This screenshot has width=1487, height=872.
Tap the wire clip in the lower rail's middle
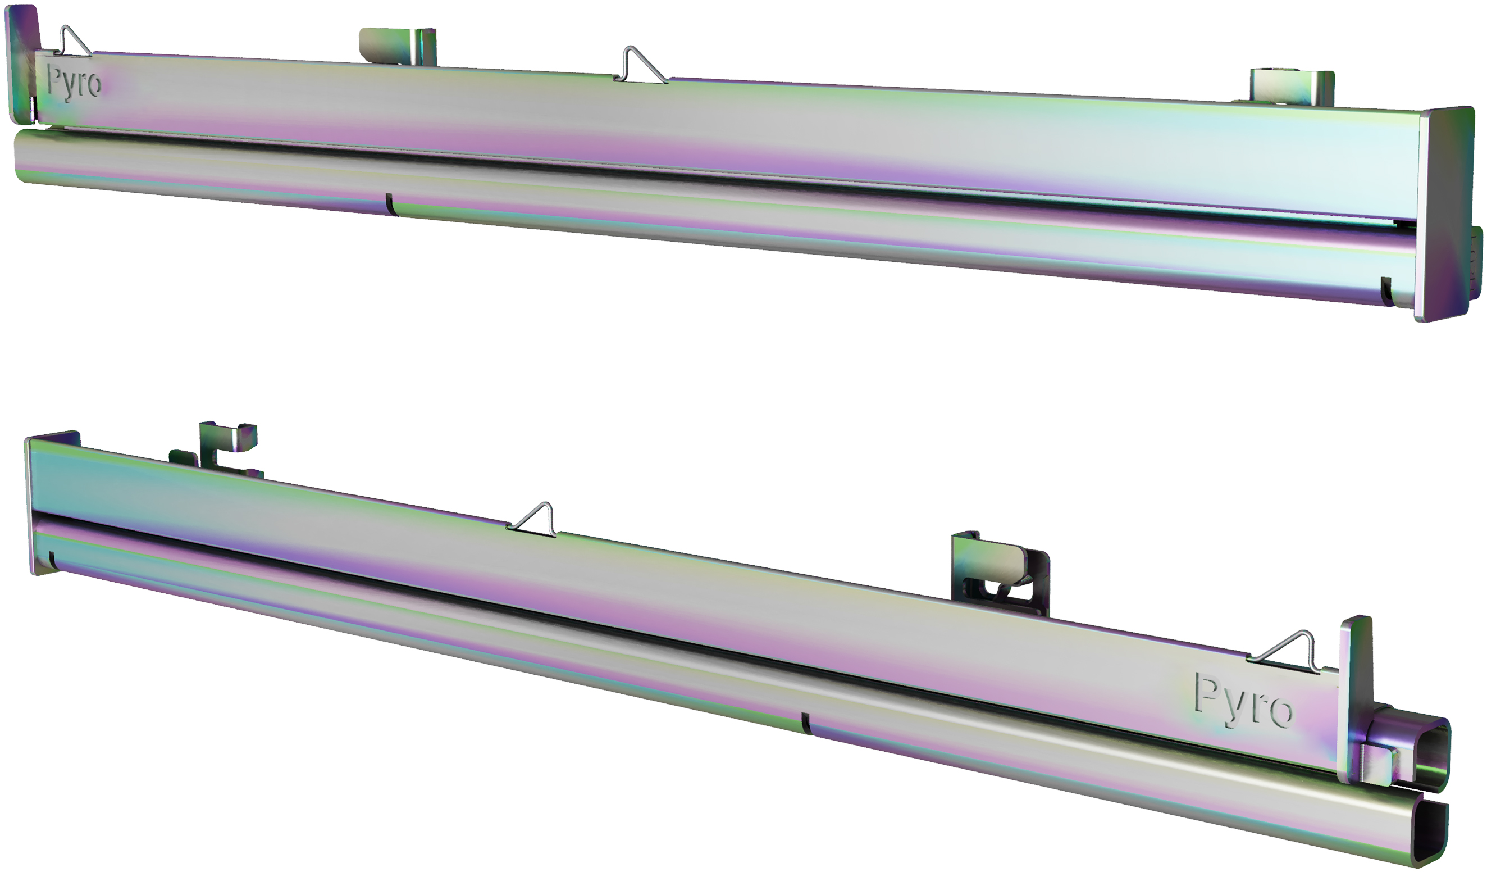pyautogui.click(x=532, y=520)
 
